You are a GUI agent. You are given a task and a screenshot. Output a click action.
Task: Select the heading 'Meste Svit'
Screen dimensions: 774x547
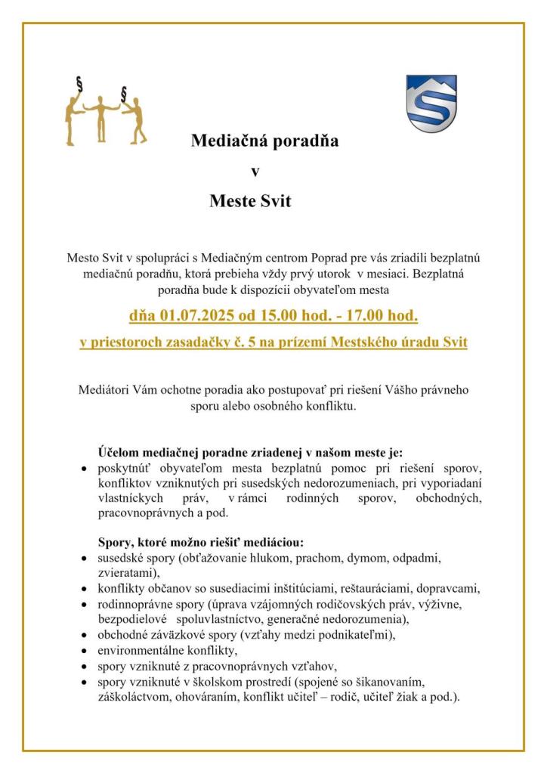coord(250,201)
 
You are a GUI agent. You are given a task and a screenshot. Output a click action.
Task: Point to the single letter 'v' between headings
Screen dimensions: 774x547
coord(255,171)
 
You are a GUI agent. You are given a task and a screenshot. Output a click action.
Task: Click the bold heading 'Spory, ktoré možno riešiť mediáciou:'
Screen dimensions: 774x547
coord(200,542)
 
